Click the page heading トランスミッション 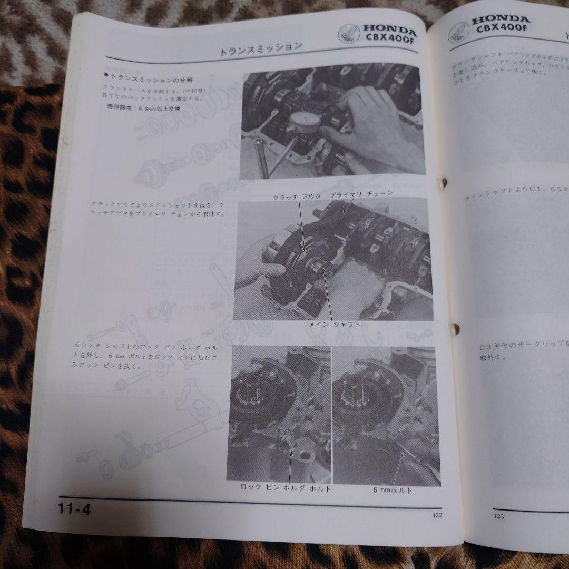pyautogui.click(x=260, y=50)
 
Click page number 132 pyautogui.click(x=435, y=515)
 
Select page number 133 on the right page pyautogui.click(x=498, y=516)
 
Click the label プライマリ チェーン pyautogui.click(x=361, y=195)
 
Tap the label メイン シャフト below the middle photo pyautogui.click(x=335, y=325)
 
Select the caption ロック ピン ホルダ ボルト pyautogui.click(x=286, y=488)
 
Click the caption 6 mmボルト pyautogui.click(x=393, y=490)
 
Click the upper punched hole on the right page pyautogui.click(x=444, y=182)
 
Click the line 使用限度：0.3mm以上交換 pyautogui.click(x=143, y=109)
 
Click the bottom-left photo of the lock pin pyautogui.click(x=279, y=414)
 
